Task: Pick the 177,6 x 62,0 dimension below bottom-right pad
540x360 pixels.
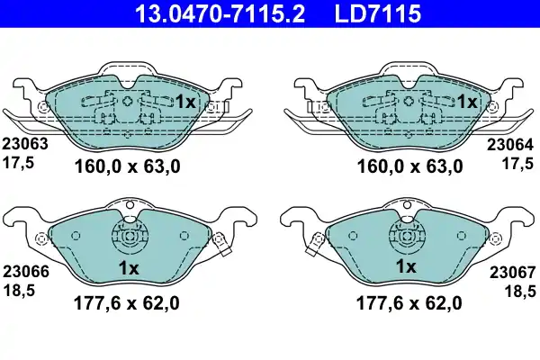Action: [x=409, y=303]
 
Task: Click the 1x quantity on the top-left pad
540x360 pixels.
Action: [x=184, y=103]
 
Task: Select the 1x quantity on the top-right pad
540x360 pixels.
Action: [x=466, y=103]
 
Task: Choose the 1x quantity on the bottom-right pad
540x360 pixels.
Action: [x=407, y=267]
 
